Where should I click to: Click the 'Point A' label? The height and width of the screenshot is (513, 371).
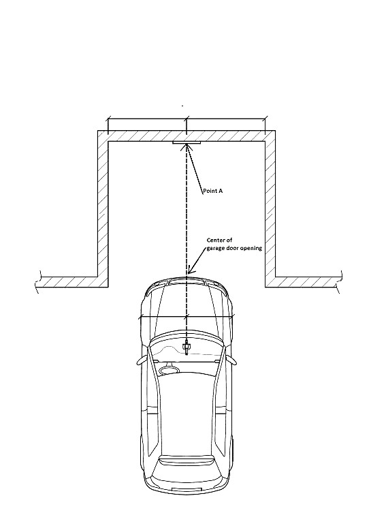(212, 191)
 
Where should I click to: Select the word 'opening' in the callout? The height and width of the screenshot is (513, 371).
(251, 248)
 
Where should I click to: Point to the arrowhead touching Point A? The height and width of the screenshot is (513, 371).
(187, 147)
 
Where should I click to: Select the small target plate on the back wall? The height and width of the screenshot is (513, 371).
(187, 142)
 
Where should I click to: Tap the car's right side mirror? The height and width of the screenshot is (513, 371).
(231, 360)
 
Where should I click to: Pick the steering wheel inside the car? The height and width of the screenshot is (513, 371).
(169, 370)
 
